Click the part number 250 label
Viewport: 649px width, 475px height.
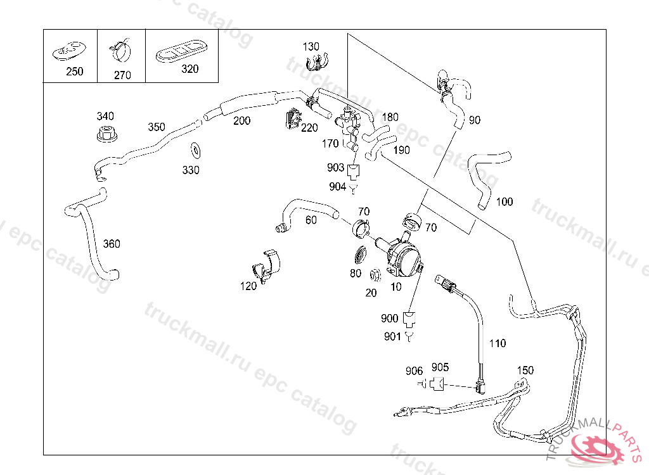75,72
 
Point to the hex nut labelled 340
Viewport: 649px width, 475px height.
106,135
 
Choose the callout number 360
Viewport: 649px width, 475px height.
112,244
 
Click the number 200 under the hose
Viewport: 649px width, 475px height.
241,121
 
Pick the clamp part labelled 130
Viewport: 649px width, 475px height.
313,62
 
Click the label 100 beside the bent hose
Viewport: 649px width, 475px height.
504,202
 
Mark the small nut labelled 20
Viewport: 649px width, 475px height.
374,275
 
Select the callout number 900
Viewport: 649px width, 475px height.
390,318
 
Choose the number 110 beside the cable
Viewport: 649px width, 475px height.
498,343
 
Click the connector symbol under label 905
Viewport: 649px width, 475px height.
436,384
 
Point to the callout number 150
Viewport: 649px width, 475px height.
525,370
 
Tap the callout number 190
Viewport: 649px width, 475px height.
402,150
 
